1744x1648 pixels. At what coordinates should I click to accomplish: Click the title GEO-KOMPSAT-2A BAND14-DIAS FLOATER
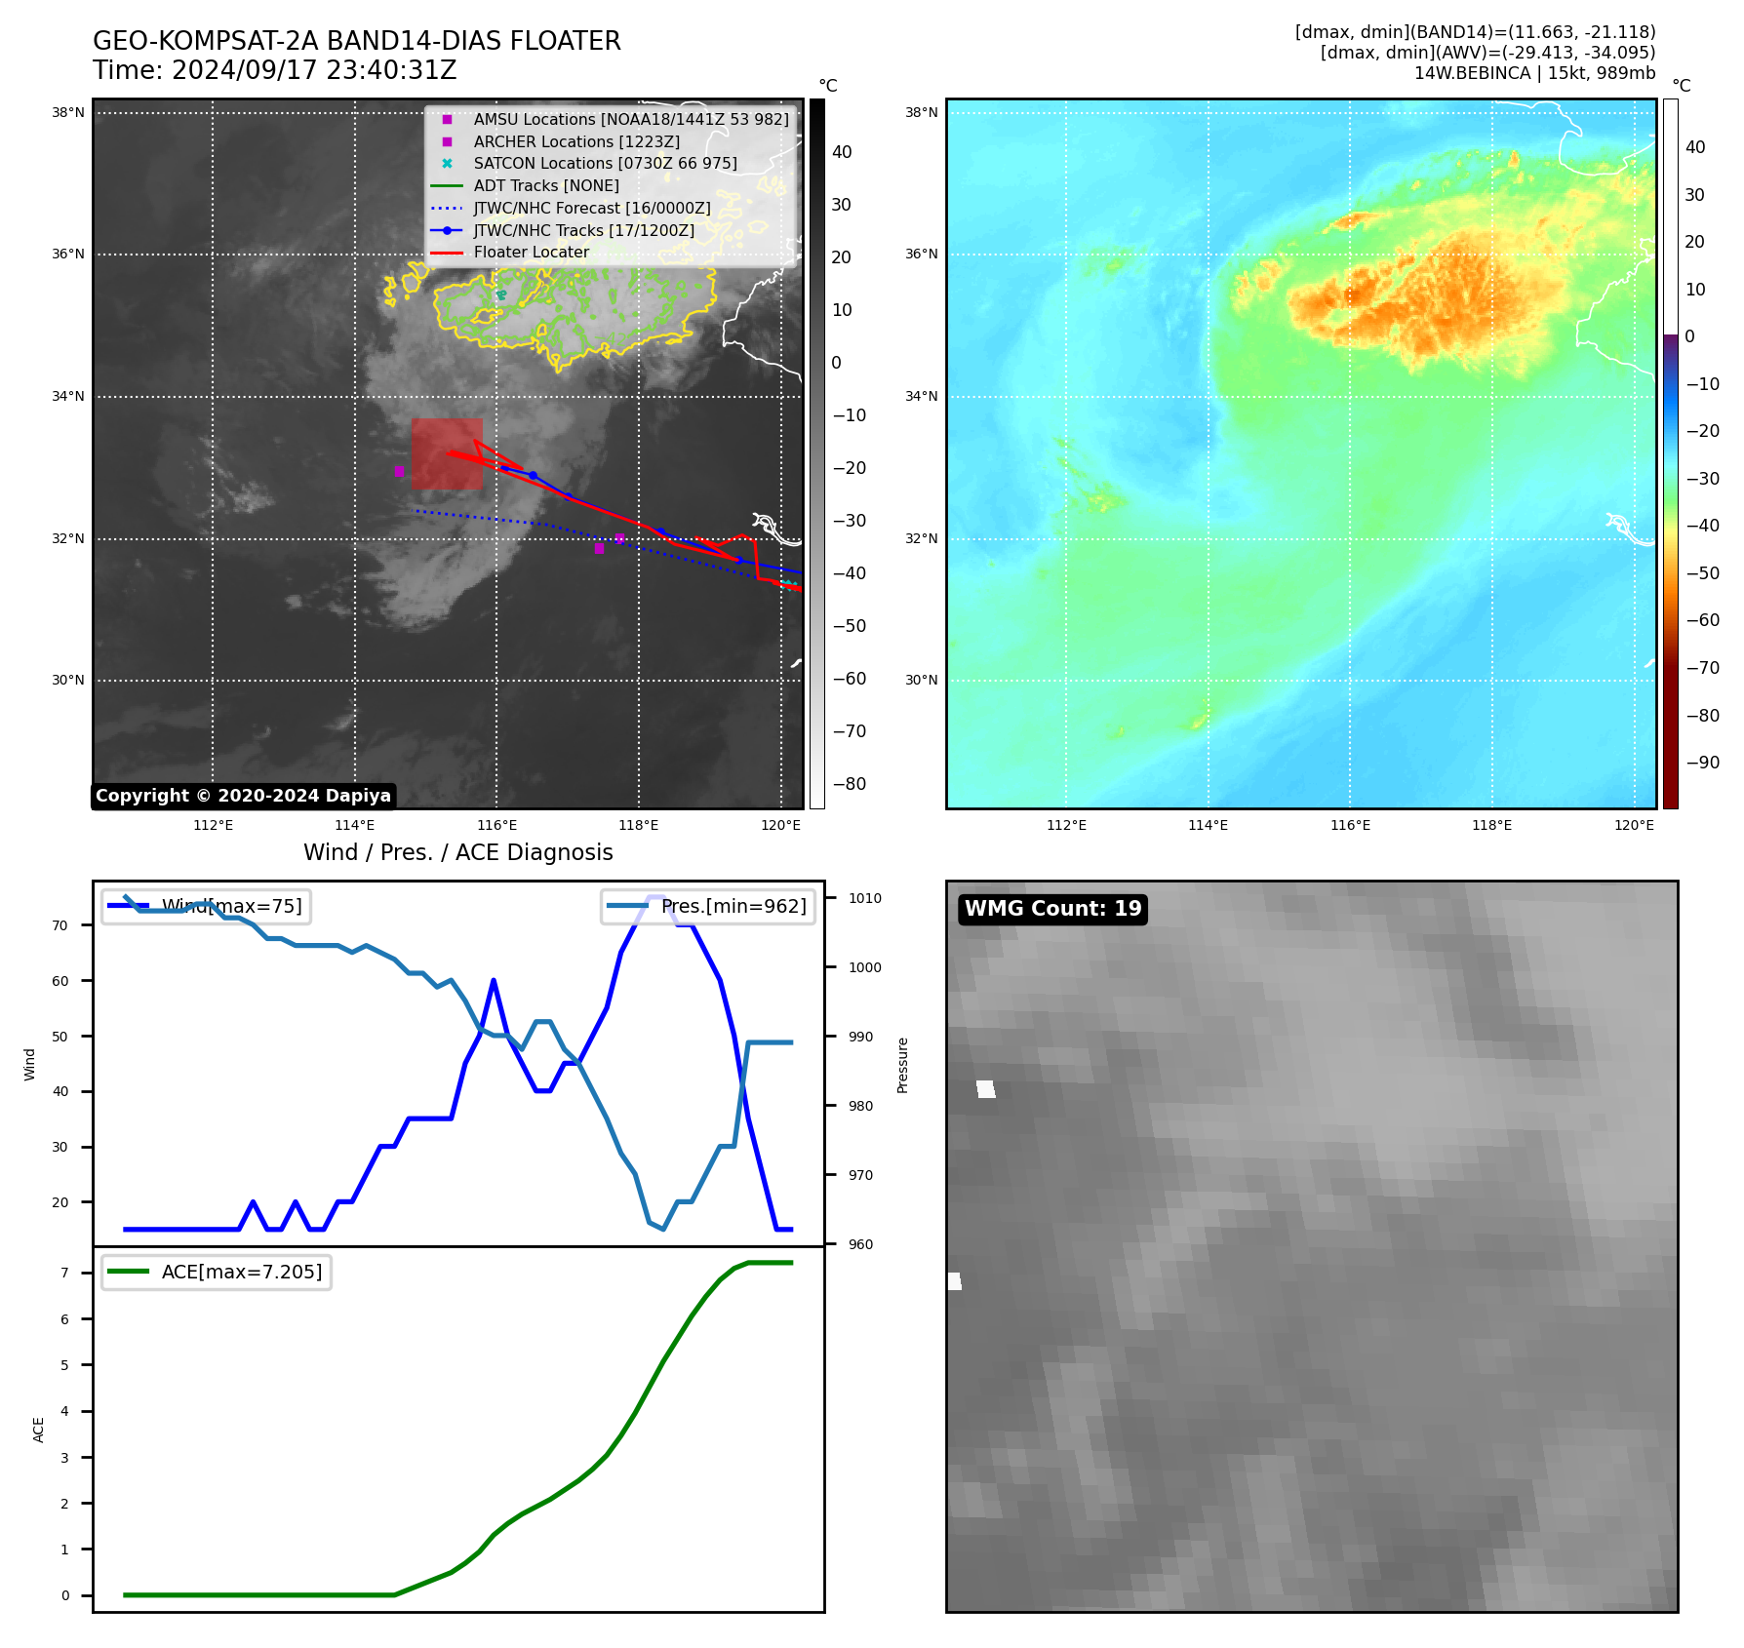(x=356, y=41)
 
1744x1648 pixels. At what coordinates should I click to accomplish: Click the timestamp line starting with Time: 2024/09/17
(x=274, y=70)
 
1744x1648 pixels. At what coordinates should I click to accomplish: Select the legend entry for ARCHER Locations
(x=575, y=141)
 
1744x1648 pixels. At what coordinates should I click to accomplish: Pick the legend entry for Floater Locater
(x=531, y=253)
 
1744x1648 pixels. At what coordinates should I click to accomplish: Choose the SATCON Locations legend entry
(x=605, y=164)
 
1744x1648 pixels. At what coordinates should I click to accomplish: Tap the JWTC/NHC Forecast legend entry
(x=591, y=208)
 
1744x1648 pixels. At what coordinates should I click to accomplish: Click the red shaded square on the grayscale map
(x=447, y=453)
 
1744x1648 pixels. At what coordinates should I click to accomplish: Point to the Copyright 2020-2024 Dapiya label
(x=243, y=796)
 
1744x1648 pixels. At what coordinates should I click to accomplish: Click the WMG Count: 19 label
(x=1052, y=909)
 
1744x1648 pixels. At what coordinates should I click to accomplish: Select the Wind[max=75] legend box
(x=206, y=906)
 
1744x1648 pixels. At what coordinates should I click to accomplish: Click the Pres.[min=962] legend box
(x=708, y=906)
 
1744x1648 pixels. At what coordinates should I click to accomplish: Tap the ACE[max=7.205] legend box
(x=217, y=1272)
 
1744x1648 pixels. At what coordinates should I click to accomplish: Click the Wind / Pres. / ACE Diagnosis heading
(x=457, y=852)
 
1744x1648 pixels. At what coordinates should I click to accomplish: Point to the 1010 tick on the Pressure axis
(x=864, y=898)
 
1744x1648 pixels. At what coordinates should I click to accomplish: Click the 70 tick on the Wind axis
(x=60, y=925)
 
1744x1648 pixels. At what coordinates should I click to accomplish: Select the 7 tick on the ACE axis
(x=64, y=1273)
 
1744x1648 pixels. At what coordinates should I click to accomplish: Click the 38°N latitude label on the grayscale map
(x=68, y=113)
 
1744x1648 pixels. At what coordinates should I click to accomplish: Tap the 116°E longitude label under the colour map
(x=1350, y=825)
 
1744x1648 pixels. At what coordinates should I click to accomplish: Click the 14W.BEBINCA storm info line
(x=1534, y=73)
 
